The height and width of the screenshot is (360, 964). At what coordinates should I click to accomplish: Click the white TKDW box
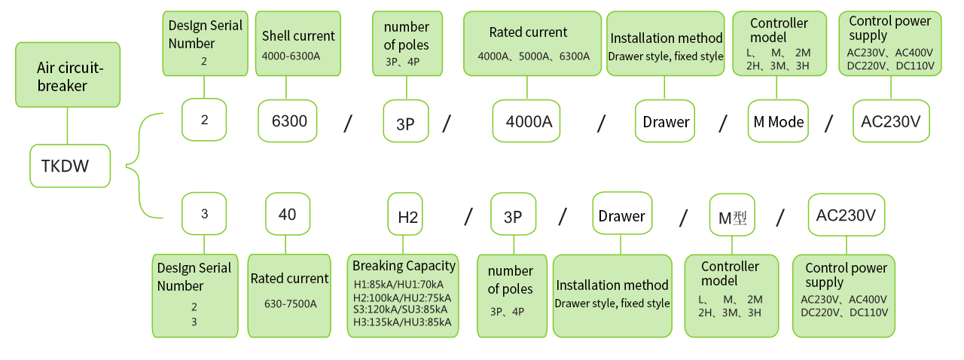[70, 166]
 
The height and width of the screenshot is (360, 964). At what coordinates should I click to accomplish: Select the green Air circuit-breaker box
[68, 75]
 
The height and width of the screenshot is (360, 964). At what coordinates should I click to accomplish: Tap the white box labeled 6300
[288, 121]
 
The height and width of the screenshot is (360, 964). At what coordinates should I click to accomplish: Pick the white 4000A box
[526, 121]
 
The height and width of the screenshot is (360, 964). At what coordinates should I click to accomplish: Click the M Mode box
[778, 121]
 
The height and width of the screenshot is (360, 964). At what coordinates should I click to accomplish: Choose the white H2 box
[405, 214]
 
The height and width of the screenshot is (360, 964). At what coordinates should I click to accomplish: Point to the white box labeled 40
[288, 214]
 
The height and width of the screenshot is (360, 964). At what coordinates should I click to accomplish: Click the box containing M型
[732, 215]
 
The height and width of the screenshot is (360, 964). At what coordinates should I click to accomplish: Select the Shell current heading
[298, 35]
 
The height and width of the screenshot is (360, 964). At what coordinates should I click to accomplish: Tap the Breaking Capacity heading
[404, 266]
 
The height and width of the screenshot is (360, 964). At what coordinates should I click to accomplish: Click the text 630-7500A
[291, 304]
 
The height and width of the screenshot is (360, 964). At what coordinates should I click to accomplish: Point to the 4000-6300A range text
[291, 56]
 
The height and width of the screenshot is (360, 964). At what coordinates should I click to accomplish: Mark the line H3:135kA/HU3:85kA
[402, 322]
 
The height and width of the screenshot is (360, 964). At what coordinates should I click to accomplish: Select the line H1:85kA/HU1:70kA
[398, 284]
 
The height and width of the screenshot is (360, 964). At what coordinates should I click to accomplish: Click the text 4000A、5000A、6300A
[534, 56]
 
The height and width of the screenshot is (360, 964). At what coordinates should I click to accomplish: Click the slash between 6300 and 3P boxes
[348, 124]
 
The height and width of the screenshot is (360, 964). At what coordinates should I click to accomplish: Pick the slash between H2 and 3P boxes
[468, 216]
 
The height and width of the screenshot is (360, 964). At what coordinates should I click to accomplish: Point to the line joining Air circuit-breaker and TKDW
[68, 126]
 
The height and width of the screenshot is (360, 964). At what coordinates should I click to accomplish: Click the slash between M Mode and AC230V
[828, 124]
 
